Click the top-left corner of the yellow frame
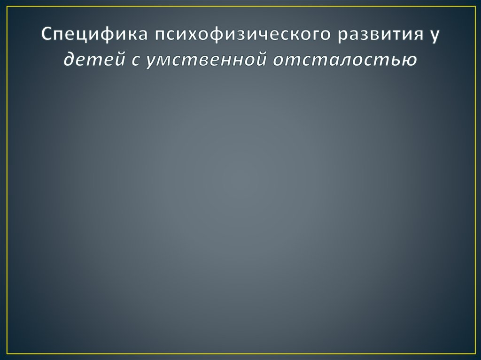pyautogui.click(x=7, y=7)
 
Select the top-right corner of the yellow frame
pyautogui.click(x=474, y=7)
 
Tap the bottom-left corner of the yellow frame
pyautogui.click(x=7, y=353)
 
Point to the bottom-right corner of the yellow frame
pyautogui.click(x=474, y=353)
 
